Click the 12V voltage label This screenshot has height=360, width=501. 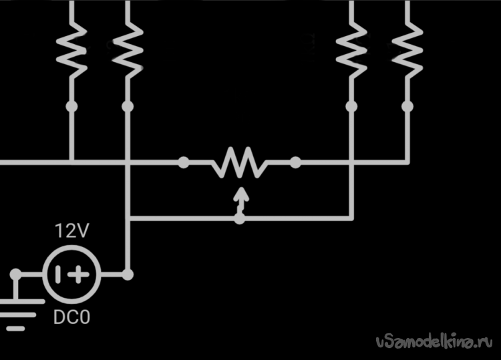(71, 232)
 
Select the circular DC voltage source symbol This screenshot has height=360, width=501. (71, 274)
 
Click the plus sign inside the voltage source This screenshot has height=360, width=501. (79, 274)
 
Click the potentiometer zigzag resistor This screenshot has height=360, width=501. (239, 162)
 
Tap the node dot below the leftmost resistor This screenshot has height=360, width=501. (71, 106)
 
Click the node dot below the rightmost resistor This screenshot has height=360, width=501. (407, 106)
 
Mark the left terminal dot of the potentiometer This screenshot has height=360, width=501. (184, 162)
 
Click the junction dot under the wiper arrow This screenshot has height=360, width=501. (240, 218)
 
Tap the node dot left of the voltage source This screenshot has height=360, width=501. (16, 274)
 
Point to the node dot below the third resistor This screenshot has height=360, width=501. (350, 106)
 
